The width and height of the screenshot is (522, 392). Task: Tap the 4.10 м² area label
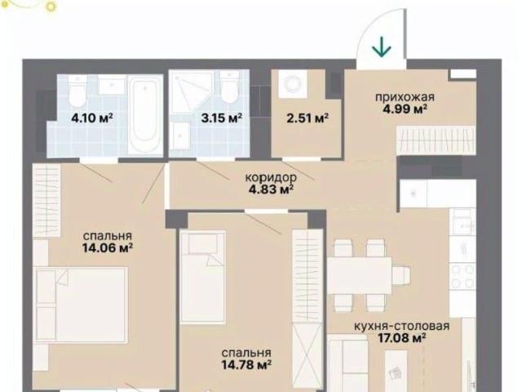coord(92,118)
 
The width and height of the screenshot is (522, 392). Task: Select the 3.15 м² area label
coord(221,118)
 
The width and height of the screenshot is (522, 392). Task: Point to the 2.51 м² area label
coord(308,118)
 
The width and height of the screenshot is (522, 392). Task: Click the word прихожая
coord(405,97)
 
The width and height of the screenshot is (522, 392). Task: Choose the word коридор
coord(271,178)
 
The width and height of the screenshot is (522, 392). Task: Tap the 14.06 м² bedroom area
coord(108,247)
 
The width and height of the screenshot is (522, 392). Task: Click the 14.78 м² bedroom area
coord(246,364)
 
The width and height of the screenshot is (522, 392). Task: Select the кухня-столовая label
coord(402,326)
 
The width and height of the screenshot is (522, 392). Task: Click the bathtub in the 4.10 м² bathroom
coord(145,114)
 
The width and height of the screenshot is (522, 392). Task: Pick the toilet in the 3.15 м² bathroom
coord(230,87)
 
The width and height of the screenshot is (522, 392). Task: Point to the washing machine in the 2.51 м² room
coord(293,83)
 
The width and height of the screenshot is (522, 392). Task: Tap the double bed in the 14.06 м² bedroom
coord(82,305)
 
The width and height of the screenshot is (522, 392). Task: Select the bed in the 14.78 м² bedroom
coord(203,277)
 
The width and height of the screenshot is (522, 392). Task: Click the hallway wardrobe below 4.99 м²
coord(436,140)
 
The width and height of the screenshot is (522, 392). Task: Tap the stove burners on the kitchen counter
coord(462,276)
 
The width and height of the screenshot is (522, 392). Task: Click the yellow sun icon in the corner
coord(51,6)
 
